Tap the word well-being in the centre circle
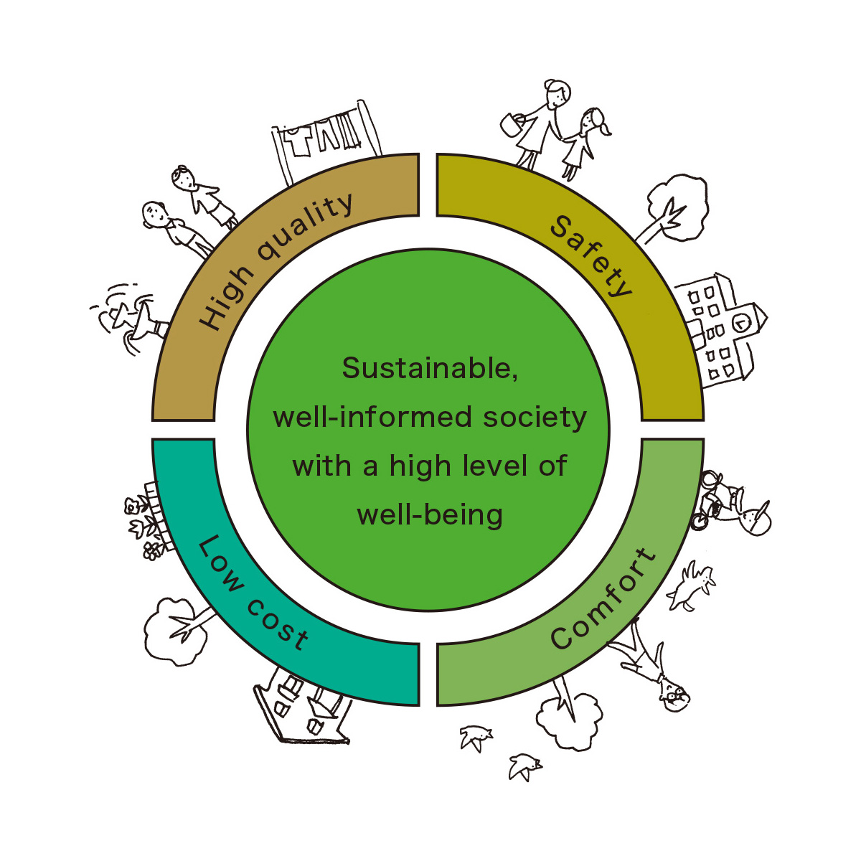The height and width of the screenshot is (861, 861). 430,514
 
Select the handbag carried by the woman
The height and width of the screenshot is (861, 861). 510,123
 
